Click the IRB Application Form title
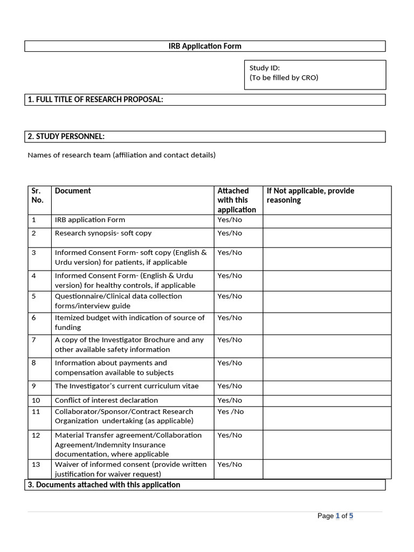pyautogui.click(x=205, y=46)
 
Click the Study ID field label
pyautogui.click(x=264, y=68)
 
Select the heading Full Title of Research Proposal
pyautogui.click(x=95, y=100)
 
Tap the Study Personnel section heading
pyautogui.click(x=66, y=136)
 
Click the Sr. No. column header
pyautogui.click(x=37, y=195)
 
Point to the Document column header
pyautogui.click(x=73, y=191)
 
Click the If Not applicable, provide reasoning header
pyautogui.click(x=310, y=195)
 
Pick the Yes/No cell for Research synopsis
pyautogui.click(x=230, y=233)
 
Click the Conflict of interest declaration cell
pyautogui.click(x=106, y=401)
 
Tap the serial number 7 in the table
pyautogui.click(x=33, y=340)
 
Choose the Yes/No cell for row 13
pyautogui.click(x=230, y=465)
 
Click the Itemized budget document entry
pyautogui.click(x=129, y=322)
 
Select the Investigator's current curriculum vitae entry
pyautogui.click(x=127, y=386)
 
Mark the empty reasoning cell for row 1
pyautogui.click(x=327, y=220)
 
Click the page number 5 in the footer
pyautogui.click(x=350, y=516)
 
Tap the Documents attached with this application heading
pyautogui.click(x=104, y=485)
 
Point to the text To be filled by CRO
pyautogui.click(x=284, y=78)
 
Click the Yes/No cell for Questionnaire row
pyautogui.click(x=230, y=296)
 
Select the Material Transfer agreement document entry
pyautogui.click(x=128, y=445)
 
